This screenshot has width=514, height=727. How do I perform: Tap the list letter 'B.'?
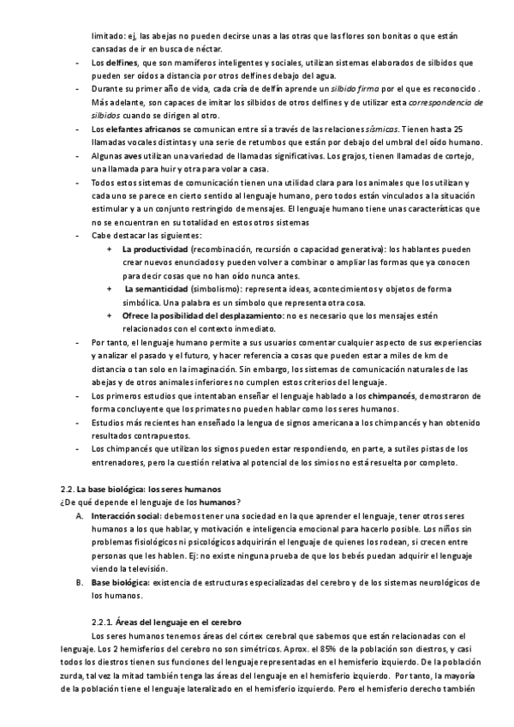[79, 582]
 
